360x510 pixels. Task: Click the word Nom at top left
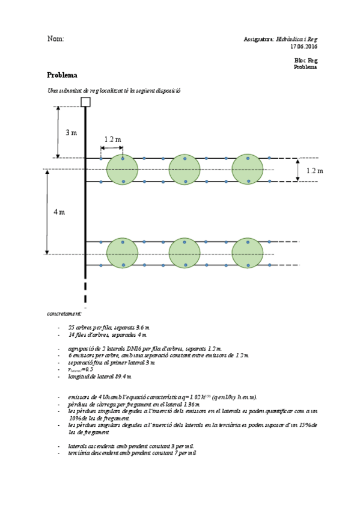pos(55,39)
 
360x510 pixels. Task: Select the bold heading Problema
pos(62,75)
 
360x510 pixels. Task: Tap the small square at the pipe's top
pos(85,102)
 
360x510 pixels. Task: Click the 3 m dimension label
pos(71,132)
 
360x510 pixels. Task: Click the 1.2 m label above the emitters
pos(112,140)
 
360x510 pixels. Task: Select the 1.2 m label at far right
pos(314,171)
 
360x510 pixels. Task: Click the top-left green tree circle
pos(122,170)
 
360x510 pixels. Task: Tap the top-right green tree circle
pos(247,170)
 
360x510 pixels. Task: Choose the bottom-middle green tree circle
pos(185,253)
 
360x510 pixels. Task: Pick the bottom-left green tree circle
pos(122,253)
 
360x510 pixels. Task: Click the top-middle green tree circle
pos(185,170)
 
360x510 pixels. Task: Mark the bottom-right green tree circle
pos(247,253)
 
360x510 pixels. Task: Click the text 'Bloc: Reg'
pos(306,61)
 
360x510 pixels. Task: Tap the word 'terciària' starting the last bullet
pos(79,452)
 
